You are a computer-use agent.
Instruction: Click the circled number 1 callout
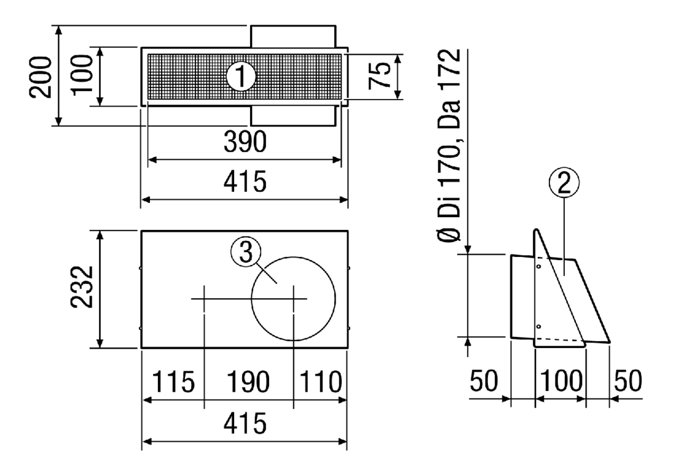242,77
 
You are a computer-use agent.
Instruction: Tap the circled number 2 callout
564,183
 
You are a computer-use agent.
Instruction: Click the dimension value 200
41,77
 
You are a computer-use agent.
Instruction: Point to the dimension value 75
380,76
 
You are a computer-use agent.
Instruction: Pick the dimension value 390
245,141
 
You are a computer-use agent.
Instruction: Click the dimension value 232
82,287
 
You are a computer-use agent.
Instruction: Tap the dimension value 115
174,381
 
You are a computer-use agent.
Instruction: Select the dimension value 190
249,381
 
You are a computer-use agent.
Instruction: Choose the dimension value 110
321,381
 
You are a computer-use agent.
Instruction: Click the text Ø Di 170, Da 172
449,146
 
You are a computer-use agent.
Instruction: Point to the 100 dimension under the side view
561,381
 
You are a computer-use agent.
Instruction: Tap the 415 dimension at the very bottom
245,423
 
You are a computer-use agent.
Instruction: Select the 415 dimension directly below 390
245,181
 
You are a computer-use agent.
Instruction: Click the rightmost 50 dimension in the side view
627,381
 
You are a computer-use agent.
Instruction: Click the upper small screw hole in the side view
539,267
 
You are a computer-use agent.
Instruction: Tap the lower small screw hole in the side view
539,326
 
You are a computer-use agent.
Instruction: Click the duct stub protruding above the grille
293,37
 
